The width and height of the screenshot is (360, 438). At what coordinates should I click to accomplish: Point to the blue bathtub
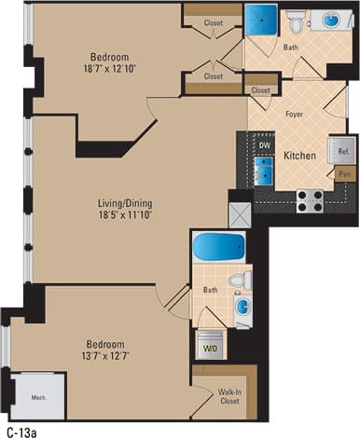click(218, 248)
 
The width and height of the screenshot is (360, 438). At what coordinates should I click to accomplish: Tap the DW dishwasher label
click(265, 145)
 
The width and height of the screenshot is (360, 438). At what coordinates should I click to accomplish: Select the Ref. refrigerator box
click(343, 151)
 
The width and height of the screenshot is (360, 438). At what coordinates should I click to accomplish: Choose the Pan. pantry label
click(344, 173)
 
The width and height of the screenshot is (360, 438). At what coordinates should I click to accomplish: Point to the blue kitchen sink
click(264, 171)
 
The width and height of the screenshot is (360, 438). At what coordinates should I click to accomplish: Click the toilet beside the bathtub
click(240, 280)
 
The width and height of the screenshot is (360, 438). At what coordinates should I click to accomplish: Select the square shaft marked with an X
click(240, 214)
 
